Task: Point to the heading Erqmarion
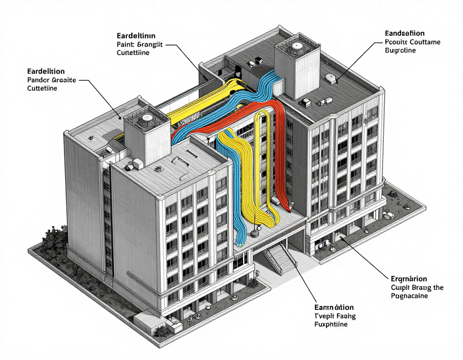409,278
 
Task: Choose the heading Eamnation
334,307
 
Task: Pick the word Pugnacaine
409,296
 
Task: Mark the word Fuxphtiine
331,324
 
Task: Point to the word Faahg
346,316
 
